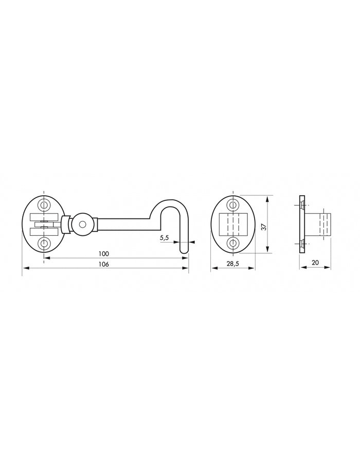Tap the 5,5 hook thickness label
[165, 238]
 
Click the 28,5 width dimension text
[233, 264]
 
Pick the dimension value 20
[315, 263]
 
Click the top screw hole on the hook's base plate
[44, 206]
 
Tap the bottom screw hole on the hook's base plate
[44, 243]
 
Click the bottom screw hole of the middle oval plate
[233, 243]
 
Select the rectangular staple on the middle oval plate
[233, 224]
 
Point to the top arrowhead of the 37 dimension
[268, 197]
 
